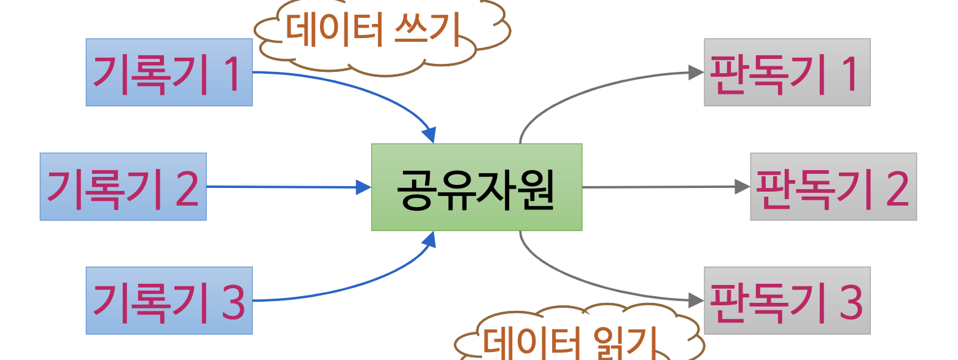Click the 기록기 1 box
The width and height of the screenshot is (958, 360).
[x=169, y=72]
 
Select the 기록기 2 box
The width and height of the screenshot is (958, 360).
[x=123, y=187]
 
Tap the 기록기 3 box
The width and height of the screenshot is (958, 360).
[x=169, y=300]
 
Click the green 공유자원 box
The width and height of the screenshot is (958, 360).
[x=477, y=187]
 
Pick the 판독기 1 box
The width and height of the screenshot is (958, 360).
[x=787, y=72]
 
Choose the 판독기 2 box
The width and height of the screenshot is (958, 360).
[x=833, y=187]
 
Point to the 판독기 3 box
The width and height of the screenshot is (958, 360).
[x=787, y=300]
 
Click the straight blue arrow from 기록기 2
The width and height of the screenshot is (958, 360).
[x=282, y=187]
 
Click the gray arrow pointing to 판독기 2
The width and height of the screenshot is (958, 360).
[x=657, y=187]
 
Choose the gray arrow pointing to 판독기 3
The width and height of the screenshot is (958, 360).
[x=590, y=284]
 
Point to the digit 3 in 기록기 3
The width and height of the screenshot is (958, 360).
[x=233, y=302]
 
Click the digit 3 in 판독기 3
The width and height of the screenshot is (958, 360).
[x=851, y=302]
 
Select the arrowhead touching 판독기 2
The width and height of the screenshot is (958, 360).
[x=743, y=187]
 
